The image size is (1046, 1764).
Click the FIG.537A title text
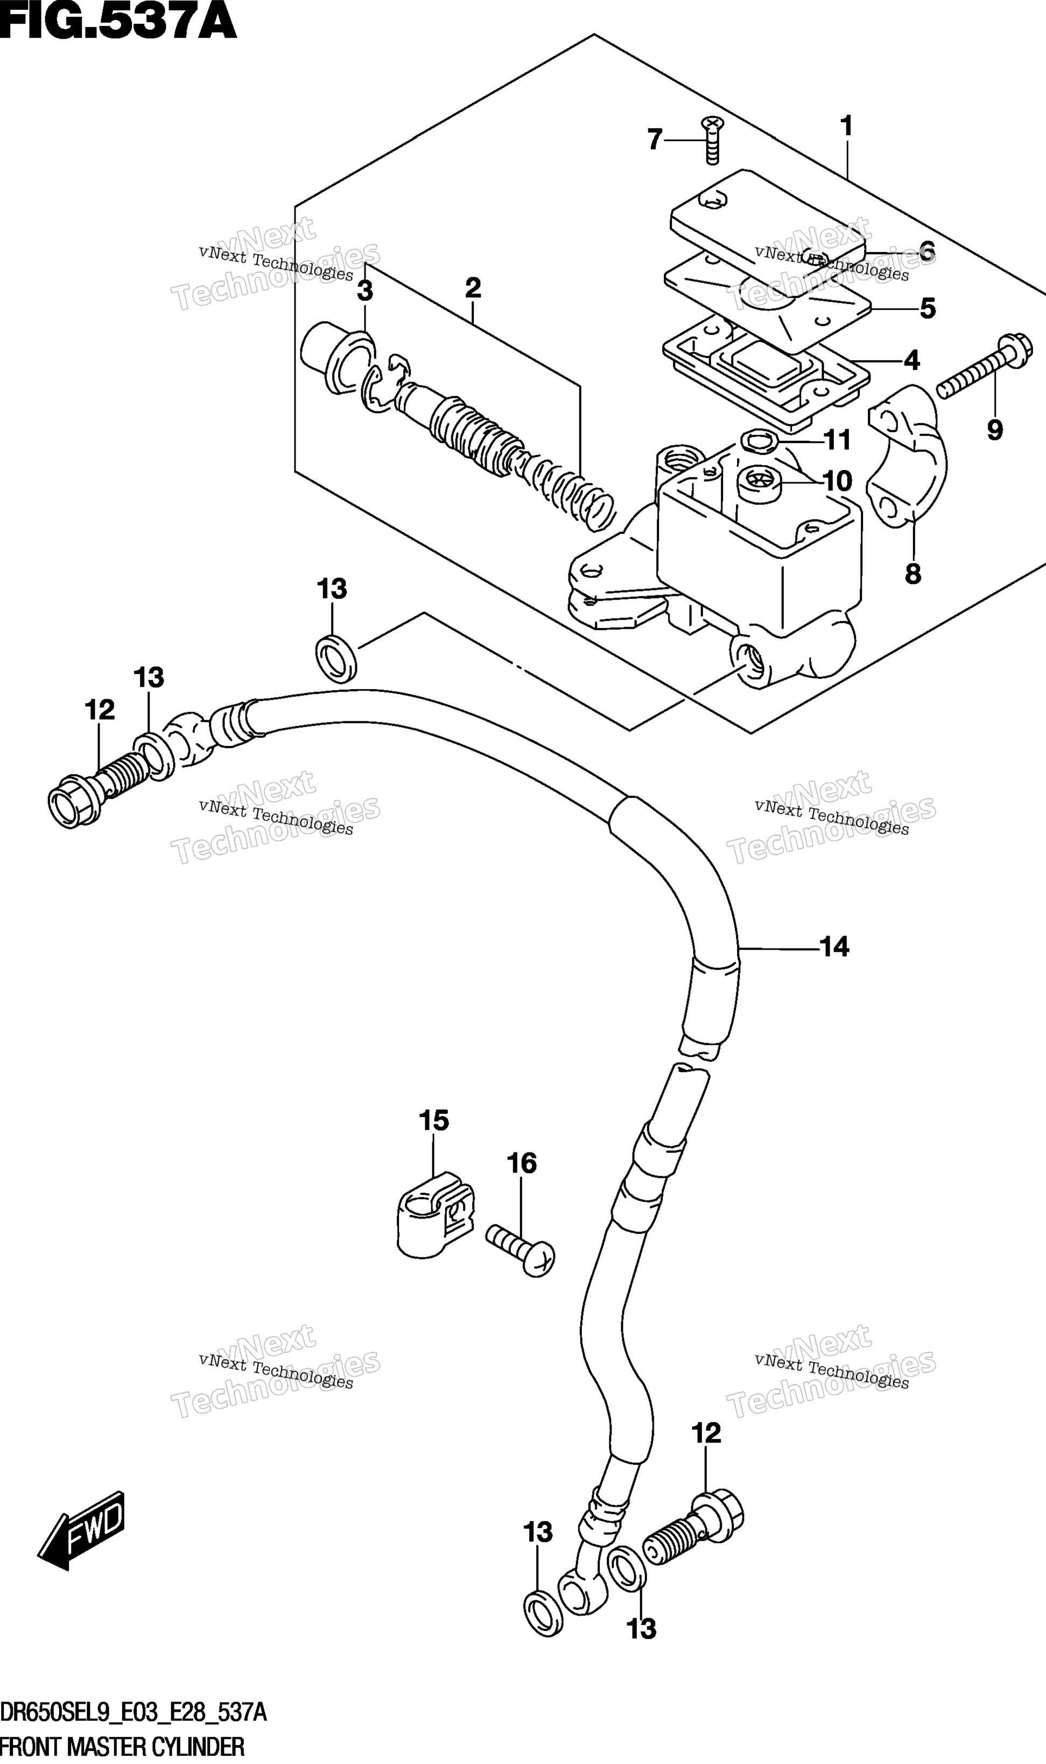click(118, 21)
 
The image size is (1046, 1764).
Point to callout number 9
click(994, 429)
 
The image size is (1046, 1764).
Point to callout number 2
click(473, 287)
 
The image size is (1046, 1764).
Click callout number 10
click(837, 481)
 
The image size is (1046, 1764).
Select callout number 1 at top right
click(846, 126)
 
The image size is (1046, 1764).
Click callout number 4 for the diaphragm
click(911, 360)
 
